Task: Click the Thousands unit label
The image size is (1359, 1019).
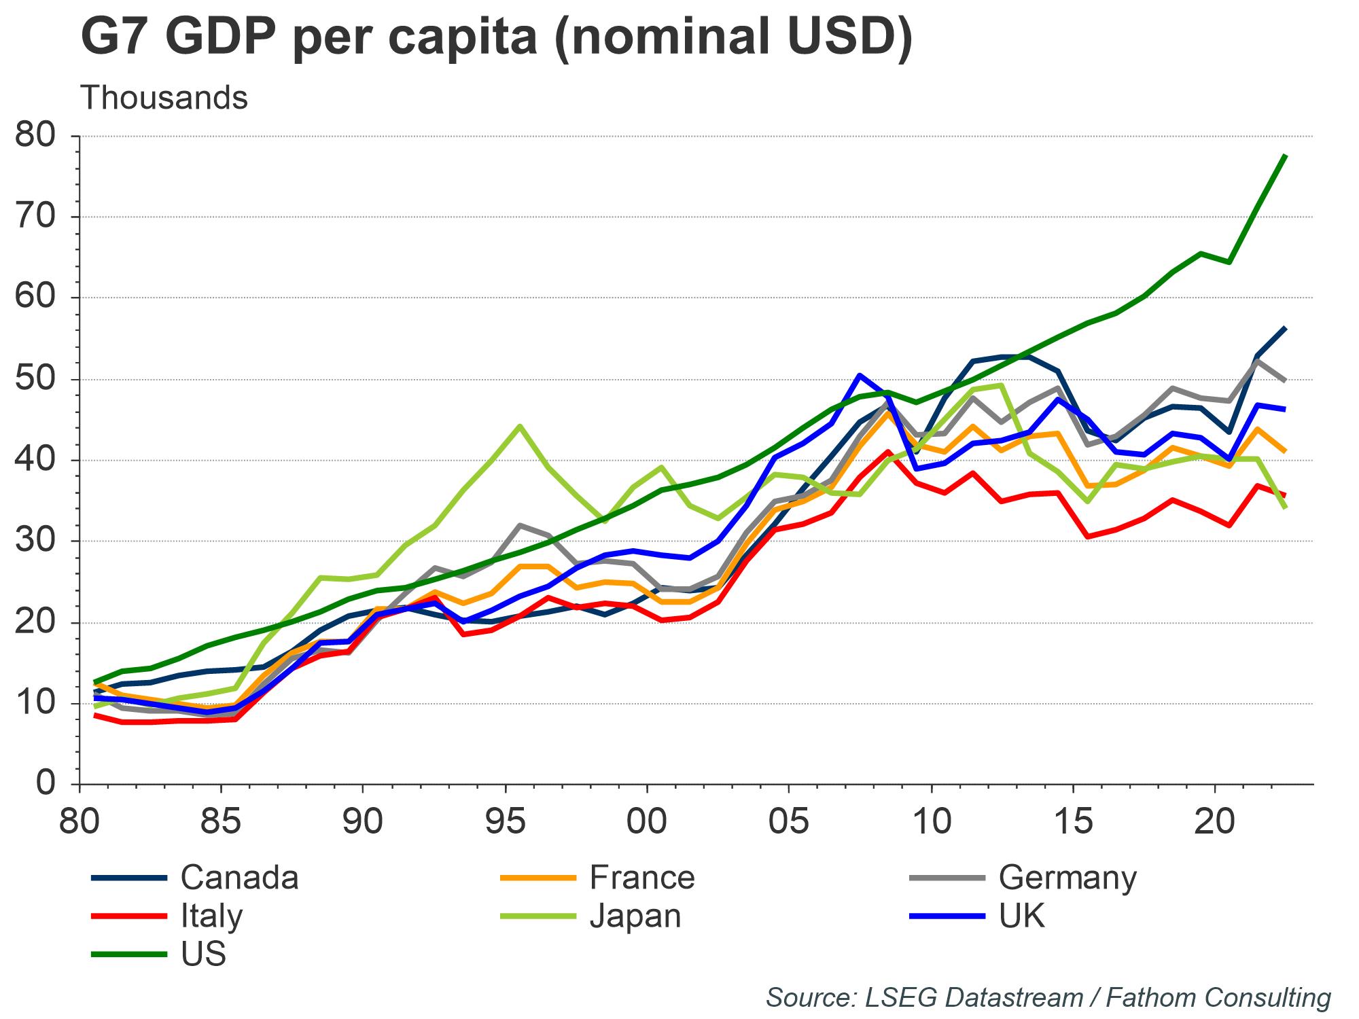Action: coord(164,99)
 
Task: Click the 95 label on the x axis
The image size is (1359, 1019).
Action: coord(506,823)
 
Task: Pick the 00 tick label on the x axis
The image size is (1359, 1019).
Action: coord(647,823)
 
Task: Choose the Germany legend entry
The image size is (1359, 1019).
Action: coord(1067,877)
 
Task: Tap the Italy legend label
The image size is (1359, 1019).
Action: coord(211,916)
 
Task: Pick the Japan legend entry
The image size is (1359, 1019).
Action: coord(635,916)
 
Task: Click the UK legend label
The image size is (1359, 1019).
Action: coord(1022,916)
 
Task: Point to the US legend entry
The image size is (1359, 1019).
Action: coord(203,954)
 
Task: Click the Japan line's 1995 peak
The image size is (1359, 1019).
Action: coord(520,426)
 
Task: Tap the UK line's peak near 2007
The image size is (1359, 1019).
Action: coord(860,375)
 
